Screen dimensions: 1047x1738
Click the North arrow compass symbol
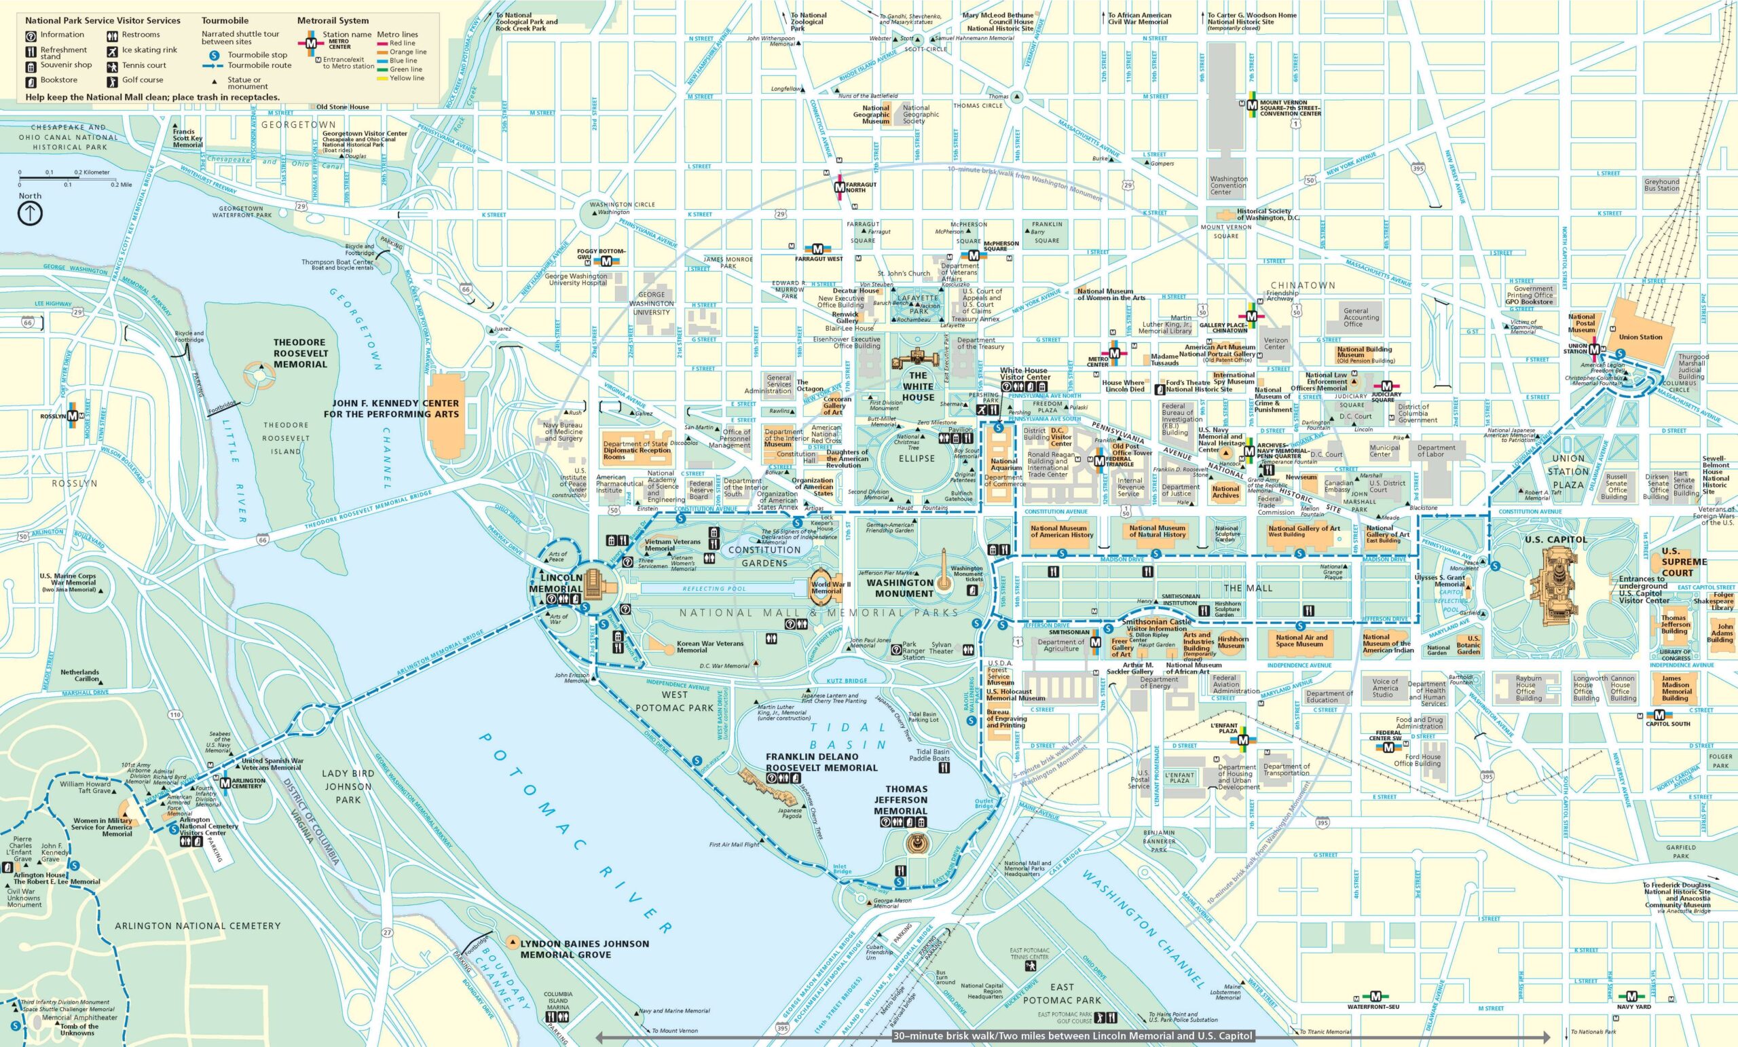[x=30, y=214]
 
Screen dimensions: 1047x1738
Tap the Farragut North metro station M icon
[x=839, y=187]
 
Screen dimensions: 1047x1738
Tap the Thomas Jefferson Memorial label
[x=901, y=800]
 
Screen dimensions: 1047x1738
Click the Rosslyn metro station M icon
[x=73, y=416]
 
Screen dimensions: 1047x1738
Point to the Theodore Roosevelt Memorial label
[x=301, y=353]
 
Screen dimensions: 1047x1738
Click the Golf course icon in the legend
[x=112, y=80]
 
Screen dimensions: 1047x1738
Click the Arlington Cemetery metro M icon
[x=225, y=782]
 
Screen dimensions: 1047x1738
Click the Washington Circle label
[x=612, y=204]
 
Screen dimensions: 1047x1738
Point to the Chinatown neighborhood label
[x=1302, y=285]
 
